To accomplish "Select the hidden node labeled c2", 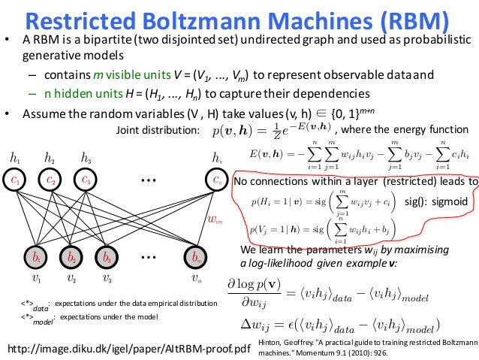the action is click(51, 181).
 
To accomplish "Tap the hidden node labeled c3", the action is click(86, 181).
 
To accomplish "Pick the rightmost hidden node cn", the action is click(217, 181).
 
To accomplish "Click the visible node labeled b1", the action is click(35, 257).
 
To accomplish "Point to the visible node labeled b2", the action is click(71, 257).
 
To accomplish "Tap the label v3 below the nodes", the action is click(107, 280).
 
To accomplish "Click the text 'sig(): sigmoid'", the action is click(435, 202).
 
